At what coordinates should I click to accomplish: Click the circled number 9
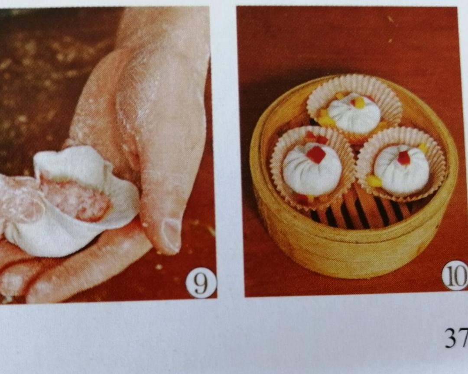click(x=201, y=283)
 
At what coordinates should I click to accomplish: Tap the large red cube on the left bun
click(x=316, y=154)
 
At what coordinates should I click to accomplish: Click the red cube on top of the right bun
click(x=404, y=158)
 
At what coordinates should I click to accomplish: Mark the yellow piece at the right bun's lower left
click(x=374, y=181)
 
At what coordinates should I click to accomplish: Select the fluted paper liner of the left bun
click(x=277, y=164)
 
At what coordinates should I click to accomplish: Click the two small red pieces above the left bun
click(x=316, y=138)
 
